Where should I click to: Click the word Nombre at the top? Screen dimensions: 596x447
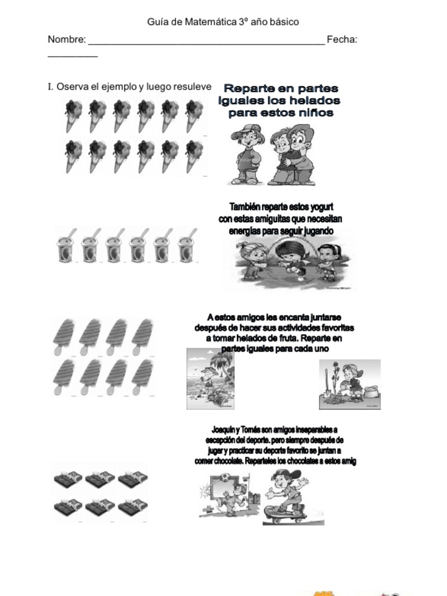(66, 40)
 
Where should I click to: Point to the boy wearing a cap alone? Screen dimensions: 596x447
(247, 154)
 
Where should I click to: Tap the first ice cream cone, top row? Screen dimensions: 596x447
(73, 115)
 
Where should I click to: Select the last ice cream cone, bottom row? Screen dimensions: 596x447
(194, 155)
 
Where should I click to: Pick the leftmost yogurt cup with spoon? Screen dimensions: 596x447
(66, 247)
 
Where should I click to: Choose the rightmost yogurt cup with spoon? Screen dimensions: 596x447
(187, 247)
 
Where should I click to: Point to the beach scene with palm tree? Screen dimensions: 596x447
(210, 379)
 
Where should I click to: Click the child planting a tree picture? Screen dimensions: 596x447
(349, 384)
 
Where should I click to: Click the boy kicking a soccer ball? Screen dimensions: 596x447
(230, 495)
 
